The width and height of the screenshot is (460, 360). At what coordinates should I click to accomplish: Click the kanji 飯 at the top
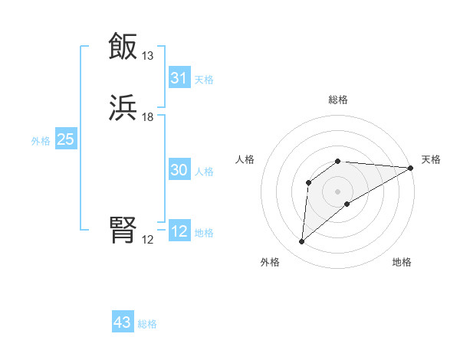[123, 47]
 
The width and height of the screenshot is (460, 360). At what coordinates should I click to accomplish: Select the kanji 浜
[123, 108]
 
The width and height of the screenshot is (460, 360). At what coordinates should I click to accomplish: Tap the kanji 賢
[123, 229]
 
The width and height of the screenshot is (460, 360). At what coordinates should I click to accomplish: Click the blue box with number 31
[179, 78]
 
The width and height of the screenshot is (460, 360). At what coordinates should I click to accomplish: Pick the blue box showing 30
[179, 171]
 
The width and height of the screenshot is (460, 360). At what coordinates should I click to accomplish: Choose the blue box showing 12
[179, 232]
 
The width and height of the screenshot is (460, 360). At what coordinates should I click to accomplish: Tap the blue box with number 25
[66, 139]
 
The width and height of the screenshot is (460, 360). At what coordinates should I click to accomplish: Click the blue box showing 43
[123, 322]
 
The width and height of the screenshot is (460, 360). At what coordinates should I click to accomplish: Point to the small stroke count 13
[148, 56]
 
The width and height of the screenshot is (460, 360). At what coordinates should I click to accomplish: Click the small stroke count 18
[148, 117]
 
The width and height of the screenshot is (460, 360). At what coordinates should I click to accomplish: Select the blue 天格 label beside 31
[204, 79]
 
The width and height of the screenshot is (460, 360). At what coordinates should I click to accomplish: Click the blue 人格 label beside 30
[204, 172]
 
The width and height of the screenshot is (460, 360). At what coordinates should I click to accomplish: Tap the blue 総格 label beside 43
[147, 324]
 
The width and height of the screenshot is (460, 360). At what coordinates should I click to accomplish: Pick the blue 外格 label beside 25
[41, 141]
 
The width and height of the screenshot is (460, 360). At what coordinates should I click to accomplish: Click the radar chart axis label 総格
[338, 100]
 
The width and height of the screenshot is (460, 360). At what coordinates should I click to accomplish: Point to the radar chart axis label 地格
[402, 263]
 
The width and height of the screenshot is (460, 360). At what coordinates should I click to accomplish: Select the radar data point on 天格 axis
[411, 168]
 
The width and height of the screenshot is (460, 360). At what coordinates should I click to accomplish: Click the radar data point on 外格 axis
[301, 242]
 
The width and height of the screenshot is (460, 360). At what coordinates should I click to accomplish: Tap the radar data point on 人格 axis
[309, 182]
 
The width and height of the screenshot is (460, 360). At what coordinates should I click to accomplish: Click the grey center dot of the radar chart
[338, 191]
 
